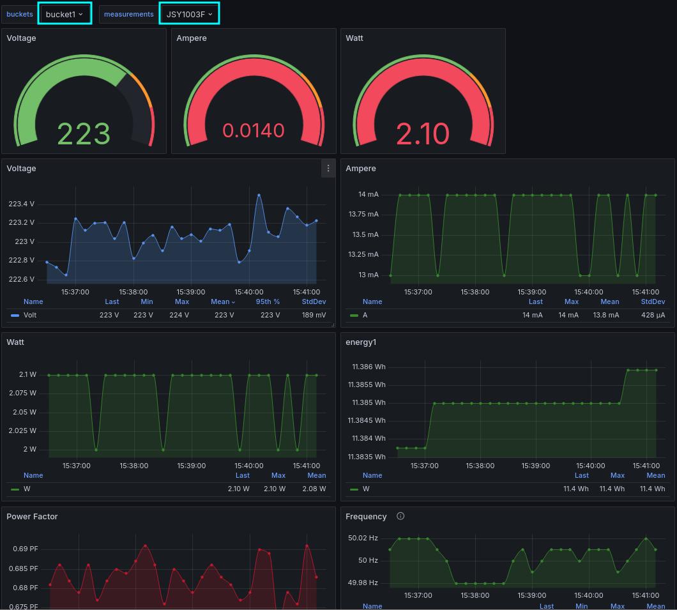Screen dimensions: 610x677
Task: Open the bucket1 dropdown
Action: [65, 14]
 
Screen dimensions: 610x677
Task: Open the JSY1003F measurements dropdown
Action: [189, 14]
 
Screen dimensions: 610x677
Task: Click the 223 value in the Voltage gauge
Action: [84, 133]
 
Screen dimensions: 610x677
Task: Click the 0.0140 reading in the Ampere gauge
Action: [254, 130]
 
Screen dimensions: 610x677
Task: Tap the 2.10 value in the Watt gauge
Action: [423, 133]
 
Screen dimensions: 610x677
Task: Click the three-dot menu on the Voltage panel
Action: [328, 169]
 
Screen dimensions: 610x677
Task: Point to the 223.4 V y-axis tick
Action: [21, 204]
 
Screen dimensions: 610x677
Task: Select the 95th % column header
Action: [268, 301]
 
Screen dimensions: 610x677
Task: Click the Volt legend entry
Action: [30, 315]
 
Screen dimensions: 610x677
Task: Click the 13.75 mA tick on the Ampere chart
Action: [363, 215]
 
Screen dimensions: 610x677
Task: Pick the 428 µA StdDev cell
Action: [653, 315]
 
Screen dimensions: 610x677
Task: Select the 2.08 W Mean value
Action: [314, 489]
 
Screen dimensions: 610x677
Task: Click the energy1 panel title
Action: [361, 342]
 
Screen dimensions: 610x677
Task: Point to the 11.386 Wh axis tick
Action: [367, 367]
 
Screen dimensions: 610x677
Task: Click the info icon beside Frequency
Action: [400, 516]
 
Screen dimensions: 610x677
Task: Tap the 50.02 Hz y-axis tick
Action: [363, 538]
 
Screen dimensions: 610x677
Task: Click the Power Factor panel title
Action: [32, 516]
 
